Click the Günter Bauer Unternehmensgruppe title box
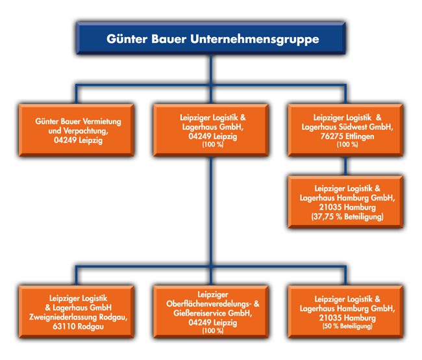212,40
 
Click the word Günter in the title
126,40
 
